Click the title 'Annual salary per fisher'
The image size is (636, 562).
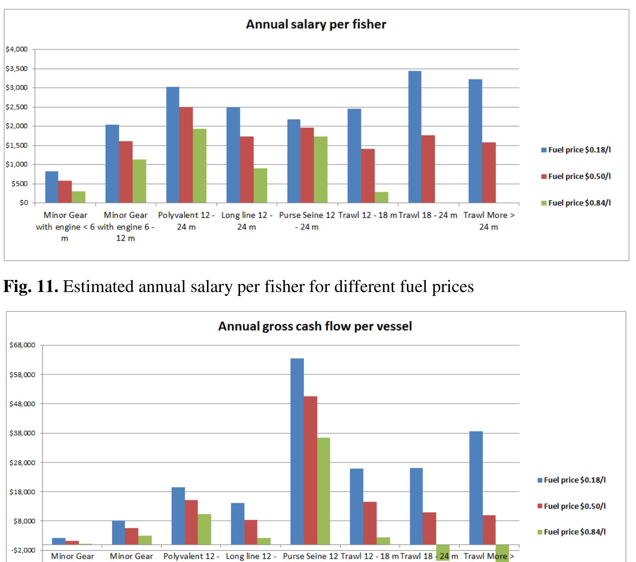(316, 24)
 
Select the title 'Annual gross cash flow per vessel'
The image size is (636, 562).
(315, 326)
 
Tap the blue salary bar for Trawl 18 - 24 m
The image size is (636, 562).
(415, 137)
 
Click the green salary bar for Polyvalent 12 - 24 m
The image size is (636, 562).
(200, 166)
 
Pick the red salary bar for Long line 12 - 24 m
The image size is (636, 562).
(247, 169)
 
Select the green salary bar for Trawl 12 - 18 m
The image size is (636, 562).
(381, 198)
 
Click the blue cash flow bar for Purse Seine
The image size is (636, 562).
(297, 451)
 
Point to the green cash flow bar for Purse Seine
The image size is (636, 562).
(323, 491)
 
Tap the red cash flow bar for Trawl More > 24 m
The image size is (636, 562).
(489, 530)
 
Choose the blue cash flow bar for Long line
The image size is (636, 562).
(238, 524)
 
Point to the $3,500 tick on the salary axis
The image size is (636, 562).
(17, 69)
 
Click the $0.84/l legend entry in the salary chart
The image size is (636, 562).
(576, 203)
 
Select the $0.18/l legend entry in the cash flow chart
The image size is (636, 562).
(571, 480)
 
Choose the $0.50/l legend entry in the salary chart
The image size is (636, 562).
(576, 176)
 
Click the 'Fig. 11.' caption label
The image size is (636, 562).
(31, 286)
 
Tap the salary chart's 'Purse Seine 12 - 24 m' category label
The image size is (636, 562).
(307, 221)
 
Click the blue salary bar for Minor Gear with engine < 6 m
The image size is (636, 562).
(51, 187)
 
